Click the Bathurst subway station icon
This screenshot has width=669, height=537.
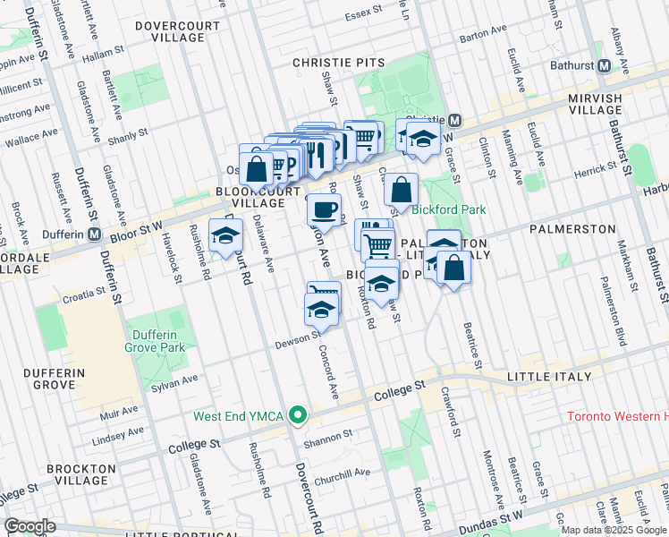[604, 65]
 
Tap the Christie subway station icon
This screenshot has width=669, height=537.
[454, 120]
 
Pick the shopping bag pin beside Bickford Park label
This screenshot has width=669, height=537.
[402, 189]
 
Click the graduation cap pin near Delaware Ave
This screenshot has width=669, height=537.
[226, 236]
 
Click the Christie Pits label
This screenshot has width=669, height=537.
[339, 63]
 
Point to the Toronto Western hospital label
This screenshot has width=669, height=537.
[617, 417]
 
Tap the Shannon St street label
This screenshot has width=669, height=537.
[327, 437]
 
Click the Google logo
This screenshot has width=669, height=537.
[30, 526]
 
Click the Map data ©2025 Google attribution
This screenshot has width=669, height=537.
[614, 530]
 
